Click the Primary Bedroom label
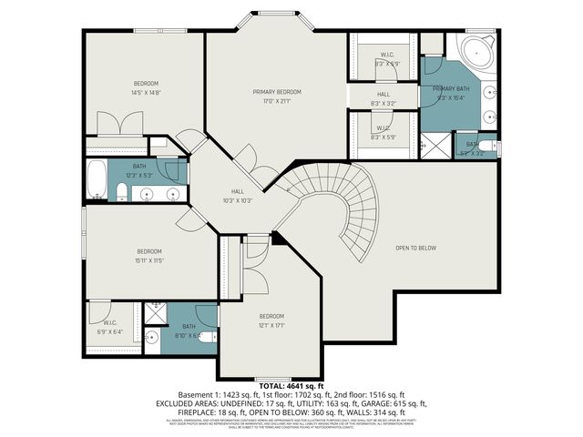(x=276, y=92)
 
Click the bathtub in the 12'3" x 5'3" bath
(x=97, y=178)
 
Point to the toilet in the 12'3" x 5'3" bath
(x=121, y=191)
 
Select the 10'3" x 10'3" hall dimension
(x=236, y=200)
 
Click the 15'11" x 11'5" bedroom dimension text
(x=149, y=260)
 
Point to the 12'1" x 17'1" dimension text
(x=272, y=325)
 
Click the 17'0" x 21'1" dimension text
(x=276, y=101)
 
